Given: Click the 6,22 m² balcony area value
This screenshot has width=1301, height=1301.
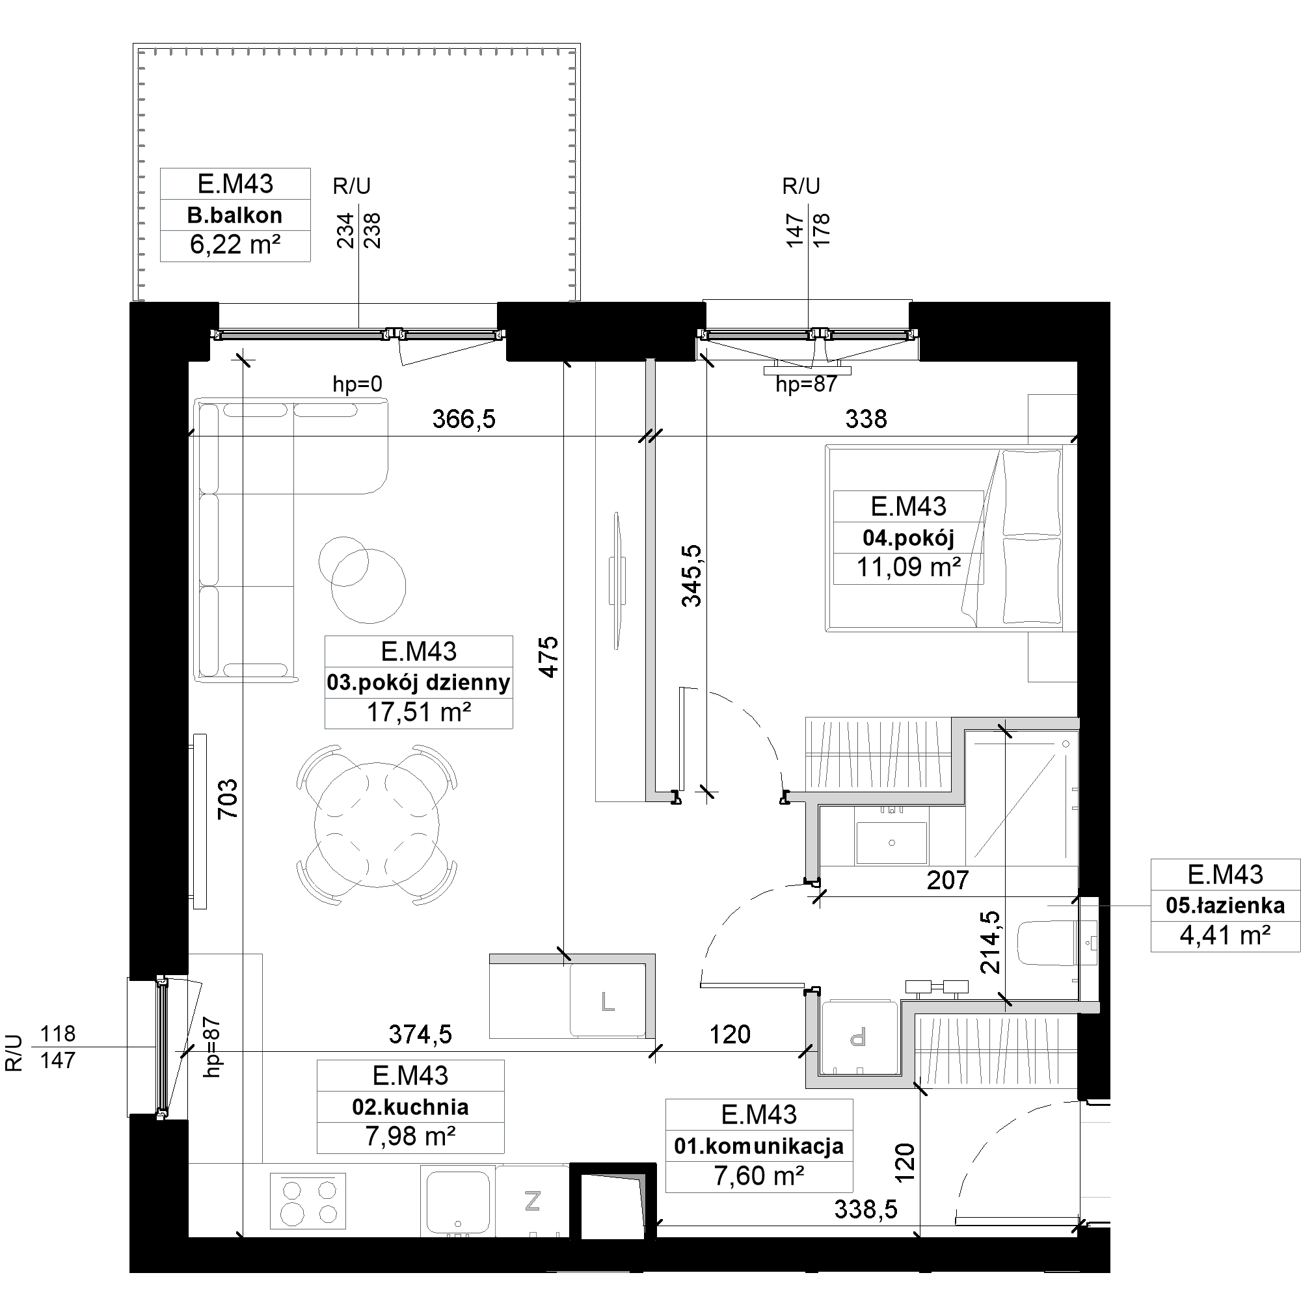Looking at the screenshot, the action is click(x=235, y=245).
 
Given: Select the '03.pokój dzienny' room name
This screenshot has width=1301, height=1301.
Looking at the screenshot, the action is click(x=418, y=682).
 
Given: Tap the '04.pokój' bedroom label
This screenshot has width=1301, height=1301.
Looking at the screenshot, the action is click(x=908, y=537).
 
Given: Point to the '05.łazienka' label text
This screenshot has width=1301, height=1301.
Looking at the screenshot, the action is click(x=1225, y=905).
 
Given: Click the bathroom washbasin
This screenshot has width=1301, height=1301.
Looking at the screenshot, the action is click(x=892, y=842).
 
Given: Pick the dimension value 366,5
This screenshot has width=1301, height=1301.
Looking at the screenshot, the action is click(x=463, y=419).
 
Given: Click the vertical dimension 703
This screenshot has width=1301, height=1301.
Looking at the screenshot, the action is click(x=228, y=799).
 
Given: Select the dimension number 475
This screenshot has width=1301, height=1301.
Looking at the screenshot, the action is click(x=549, y=656).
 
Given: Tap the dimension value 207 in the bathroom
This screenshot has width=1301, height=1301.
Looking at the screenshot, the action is click(x=948, y=880).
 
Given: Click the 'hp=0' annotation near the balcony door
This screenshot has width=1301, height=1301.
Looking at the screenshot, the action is click(x=358, y=384).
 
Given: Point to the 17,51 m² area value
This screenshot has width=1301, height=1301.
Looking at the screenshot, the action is click(x=418, y=712).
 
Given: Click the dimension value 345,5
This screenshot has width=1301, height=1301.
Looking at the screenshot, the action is click(x=691, y=576).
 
